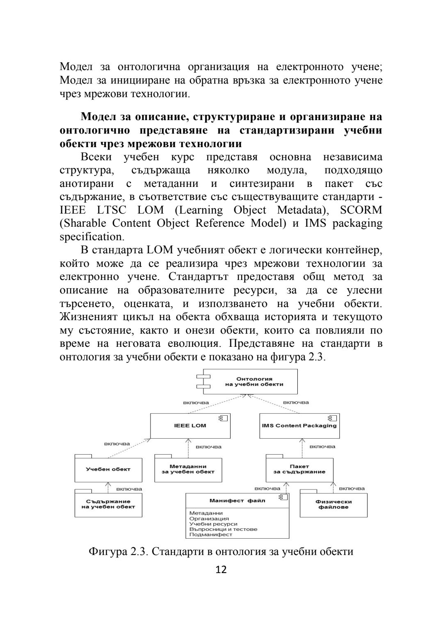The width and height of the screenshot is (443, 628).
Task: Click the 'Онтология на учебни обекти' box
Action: coord(254,382)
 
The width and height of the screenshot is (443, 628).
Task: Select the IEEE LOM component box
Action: coord(190,426)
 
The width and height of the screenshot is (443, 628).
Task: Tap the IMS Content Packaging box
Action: coord(299,426)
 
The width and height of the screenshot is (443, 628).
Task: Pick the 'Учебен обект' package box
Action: coord(108,470)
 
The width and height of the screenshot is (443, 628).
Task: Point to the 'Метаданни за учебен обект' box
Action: coord(188,469)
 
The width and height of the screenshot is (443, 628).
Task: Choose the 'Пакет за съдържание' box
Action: coord(299,469)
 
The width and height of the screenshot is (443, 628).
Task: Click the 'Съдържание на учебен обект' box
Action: coord(108,504)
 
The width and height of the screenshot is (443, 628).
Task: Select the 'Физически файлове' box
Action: coord(333,505)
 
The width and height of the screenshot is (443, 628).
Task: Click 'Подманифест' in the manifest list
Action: coord(211,535)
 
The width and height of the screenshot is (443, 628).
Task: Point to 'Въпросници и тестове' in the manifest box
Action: coord(223,529)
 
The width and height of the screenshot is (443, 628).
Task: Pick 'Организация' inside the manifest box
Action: coord(209,519)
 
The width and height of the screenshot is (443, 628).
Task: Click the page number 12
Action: coord(221,570)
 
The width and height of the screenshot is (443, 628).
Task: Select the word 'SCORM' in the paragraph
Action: coord(361,210)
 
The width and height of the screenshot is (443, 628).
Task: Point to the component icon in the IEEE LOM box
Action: coord(224,419)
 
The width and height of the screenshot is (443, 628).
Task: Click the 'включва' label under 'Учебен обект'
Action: coord(129,489)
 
